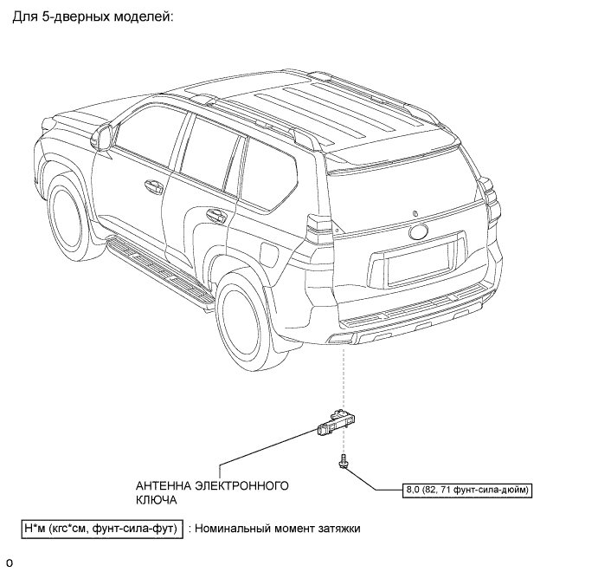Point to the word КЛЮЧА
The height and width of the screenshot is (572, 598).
tap(157, 500)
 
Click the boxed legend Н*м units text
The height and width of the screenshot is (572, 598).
tap(100, 528)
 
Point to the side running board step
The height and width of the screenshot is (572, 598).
tap(161, 268)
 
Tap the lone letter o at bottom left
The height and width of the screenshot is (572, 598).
tap(9, 562)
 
